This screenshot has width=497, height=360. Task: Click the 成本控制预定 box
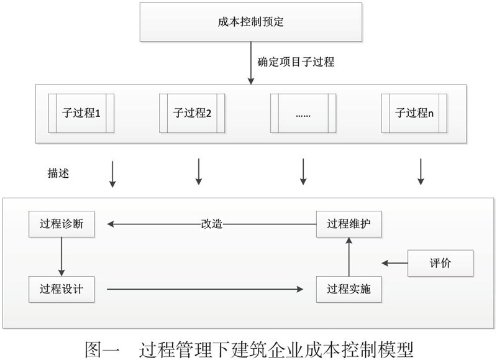(x=251, y=22)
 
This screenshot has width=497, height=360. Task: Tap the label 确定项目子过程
(x=296, y=62)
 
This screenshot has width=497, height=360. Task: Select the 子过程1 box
(x=81, y=113)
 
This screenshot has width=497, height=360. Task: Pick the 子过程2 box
(x=192, y=113)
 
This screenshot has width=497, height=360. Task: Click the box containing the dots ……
(x=303, y=113)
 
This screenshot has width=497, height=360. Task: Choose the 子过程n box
(x=414, y=113)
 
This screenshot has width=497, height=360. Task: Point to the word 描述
(x=58, y=173)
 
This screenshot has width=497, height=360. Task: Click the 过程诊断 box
(x=62, y=224)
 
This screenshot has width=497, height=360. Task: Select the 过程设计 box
(x=62, y=289)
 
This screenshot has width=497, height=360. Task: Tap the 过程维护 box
(x=349, y=224)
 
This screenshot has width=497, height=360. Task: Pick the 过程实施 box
(x=349, y=289)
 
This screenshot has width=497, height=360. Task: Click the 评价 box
(x=440, y=263)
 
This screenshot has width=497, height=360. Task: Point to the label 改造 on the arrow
(x=212, y=224)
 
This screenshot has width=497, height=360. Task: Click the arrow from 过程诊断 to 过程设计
(x=62, y=257)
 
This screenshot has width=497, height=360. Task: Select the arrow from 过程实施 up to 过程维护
(x=349, y=257)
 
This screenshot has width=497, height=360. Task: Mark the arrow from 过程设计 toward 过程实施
(x=205, y=289)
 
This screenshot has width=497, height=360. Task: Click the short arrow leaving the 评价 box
(x=394, y=263)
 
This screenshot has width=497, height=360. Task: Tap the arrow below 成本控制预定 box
(x=251, y=63)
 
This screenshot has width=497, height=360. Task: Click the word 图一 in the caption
(x=102, y=349)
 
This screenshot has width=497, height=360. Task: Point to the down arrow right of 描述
(x=112, y=174)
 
